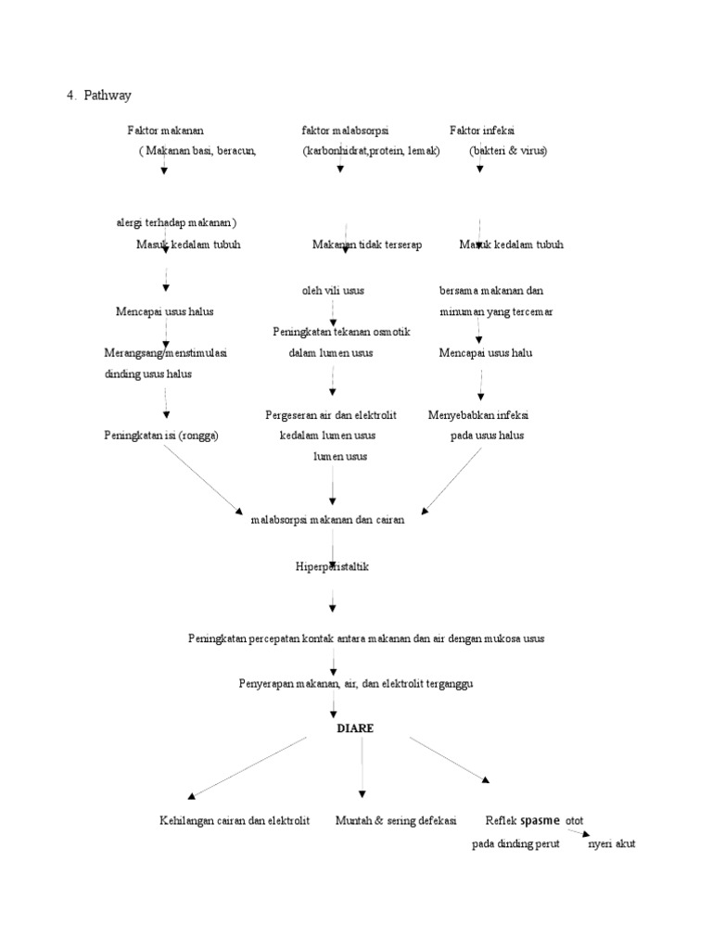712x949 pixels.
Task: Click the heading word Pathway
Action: [x=108, y=95]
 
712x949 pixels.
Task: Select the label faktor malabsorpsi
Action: [x=344, y=131]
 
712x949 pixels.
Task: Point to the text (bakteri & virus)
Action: [x=508, y=150]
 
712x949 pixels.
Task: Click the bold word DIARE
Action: [x=355, y=728]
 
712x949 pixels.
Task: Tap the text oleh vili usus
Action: [x=333, y=290]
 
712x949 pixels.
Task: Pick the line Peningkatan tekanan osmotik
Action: [x=341, y=332]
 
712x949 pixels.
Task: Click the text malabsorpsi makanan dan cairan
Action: [x=327, y=520]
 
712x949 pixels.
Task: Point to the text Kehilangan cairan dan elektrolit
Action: [x=234, y=821]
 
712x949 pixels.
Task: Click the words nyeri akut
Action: [x=612, y=844]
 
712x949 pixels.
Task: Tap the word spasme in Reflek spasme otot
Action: [x=540, y=820]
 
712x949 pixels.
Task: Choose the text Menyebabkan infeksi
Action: [x=484, y=414]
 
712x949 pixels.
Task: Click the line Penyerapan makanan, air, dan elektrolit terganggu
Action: [x=356, y=683]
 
